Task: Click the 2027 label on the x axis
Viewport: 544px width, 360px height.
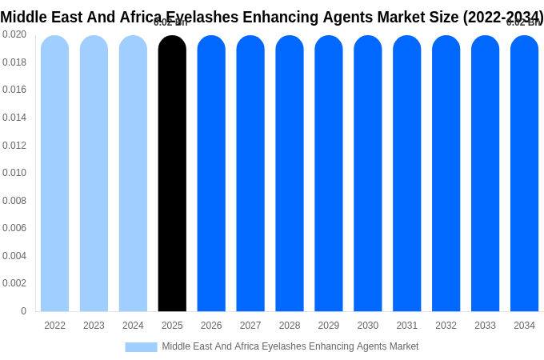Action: pyautogui.click(x=250, y=326)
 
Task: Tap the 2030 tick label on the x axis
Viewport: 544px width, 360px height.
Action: pyautogui.click(x=368, y=326)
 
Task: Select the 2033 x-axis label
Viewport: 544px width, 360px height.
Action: pyautogui.click(x=485, y=326)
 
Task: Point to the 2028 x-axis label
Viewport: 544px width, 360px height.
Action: pyautogui.click(x=290, y=326)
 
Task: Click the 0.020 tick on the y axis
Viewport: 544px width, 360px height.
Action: pyautogui.click(x=14, y=34)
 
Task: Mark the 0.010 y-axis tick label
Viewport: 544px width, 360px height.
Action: pyautogui.click(x=14, y=173)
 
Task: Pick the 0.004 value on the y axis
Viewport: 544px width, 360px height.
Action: pyautogui.click(x=14, y=256)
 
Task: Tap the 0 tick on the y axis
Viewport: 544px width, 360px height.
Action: pyautogui.click(x=23, y=311)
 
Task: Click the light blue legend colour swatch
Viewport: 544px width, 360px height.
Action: pyautogui.click(x=141, y=347)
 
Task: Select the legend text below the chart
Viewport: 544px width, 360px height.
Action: pyautogui.click(x=290, y=346)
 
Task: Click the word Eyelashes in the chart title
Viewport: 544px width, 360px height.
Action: pyautogui.click(x=199, y=17)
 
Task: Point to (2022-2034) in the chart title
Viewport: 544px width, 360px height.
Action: pyautogui.click(x=503, y=17)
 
